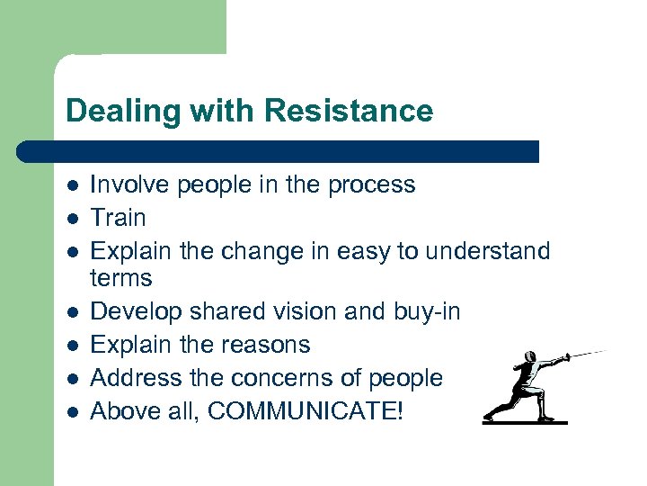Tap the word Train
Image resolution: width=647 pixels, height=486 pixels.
pyautogui.click(x=118, y=218)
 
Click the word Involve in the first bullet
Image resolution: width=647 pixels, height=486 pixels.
pyautogui.click(x=129, y=184)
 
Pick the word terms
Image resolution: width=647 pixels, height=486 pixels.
pyautogui.click(x=121, y=278)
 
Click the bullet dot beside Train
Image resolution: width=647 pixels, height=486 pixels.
pyautogui.click(x=71, y=219)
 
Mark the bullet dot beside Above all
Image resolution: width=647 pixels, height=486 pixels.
pyautogui.click(x=71, y=411)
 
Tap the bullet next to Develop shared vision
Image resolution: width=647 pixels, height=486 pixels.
pyautogui.click(x=71, y=312)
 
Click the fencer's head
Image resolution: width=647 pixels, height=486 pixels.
pyautogui.click(x=530, y=359)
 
